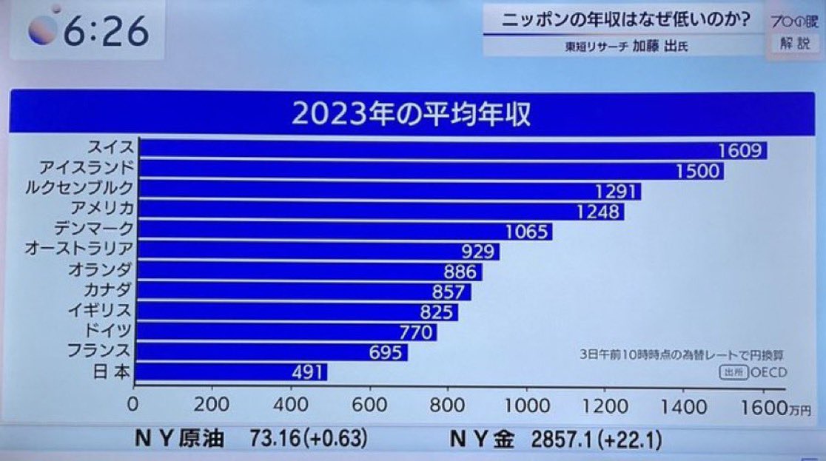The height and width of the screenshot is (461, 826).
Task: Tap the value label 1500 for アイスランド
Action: pyautogui.click(x=697, y=172)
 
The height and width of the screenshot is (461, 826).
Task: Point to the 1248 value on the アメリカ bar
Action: pyautogui.click(x=598, y=212)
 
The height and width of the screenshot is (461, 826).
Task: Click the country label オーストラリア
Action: pyautogui.click(x=78, y=248)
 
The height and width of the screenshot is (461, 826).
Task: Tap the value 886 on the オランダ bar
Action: pyautogui.click(x=459, y=272)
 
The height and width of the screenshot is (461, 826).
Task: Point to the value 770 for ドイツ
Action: pyautogui.click(x=415, y=332)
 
